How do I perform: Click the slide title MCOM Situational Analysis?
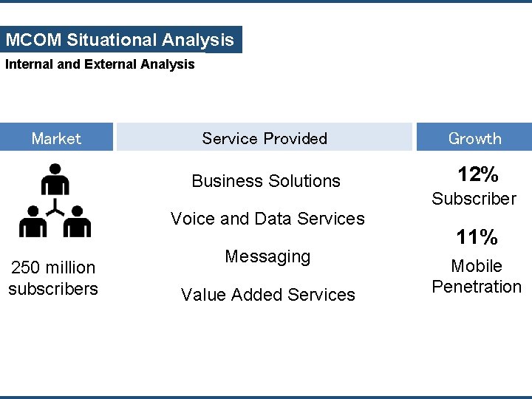pos(120,40)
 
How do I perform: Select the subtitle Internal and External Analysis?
pos(100,64)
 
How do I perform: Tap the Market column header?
pos(56,138)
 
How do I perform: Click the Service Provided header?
pos(265,138)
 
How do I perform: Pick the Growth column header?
pos(474,138)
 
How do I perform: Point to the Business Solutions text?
pos(266,181)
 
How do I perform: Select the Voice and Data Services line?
pos(267,219)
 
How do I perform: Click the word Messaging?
pos(267,256)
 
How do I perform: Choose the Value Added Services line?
pos(268,295)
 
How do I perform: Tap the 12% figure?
pos(477,175)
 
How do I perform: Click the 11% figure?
pos(477,238)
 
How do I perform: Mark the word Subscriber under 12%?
pos(474,199)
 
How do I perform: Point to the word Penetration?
pos(477,287)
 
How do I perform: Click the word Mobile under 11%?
pos(477,266)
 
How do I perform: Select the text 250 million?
pos(52,267)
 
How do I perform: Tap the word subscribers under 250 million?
pos(53,289)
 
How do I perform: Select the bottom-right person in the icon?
pos(76,222)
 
